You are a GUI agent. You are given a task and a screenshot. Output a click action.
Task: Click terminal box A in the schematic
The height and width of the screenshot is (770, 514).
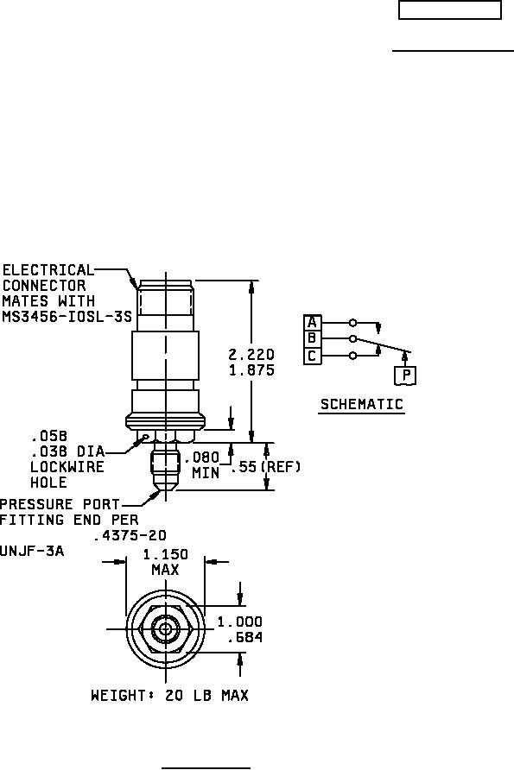(312, 323)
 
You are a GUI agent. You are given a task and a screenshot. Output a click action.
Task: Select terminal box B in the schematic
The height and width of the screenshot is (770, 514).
(312, 339)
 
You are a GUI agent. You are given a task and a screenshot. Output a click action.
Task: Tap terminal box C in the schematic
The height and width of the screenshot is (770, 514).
(312, 356)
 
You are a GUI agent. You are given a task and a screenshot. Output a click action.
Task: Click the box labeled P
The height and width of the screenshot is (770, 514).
(406, 376)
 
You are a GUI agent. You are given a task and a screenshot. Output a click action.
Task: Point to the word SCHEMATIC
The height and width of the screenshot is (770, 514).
(362, 404)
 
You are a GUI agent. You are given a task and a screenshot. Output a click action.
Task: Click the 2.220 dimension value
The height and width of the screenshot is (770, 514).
(251, 355)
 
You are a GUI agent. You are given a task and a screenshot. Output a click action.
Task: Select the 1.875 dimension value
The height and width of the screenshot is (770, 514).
(251, 369)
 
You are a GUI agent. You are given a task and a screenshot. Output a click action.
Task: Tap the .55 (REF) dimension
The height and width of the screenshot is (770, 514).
(265, 466)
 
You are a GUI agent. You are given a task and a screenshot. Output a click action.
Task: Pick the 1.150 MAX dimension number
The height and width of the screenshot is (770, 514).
(166, 562)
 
